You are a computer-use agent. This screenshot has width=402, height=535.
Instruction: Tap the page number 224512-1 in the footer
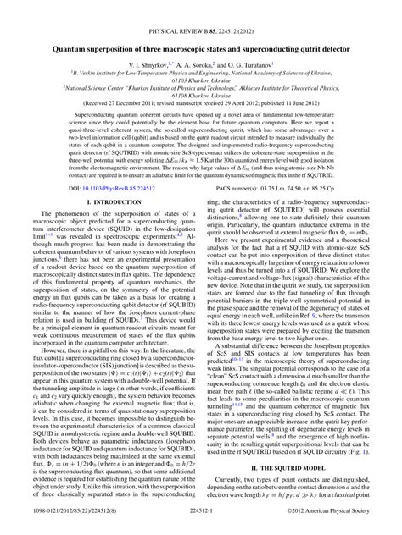[x=200, y=525]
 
